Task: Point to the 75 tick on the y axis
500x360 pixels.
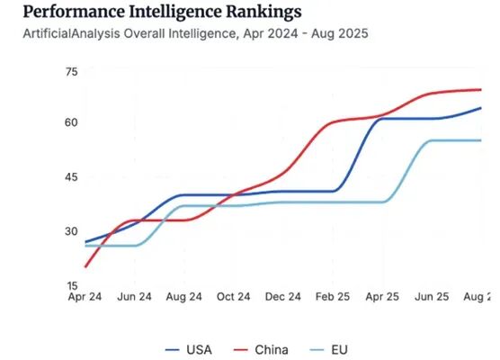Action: [71, 72]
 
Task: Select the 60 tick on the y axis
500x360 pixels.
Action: [71, 122]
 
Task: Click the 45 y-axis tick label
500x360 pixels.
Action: [71, 177]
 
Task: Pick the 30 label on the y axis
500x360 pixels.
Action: [71, 231]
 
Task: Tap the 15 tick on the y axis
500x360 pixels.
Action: [71, 284]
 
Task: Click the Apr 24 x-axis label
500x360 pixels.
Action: [85, 296]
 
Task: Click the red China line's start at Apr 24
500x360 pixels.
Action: [86, 266]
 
